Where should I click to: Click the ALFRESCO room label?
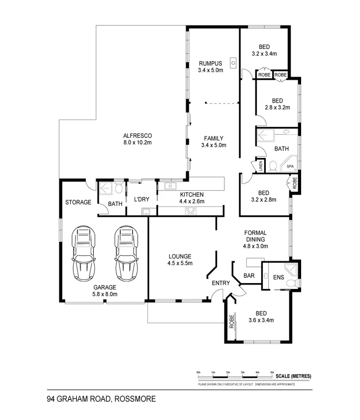(138, 135)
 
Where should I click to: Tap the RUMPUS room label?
(211, 63)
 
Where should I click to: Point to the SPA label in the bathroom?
(290, 167)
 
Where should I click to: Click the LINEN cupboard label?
(261, 166)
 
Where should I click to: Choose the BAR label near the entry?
(249, 276)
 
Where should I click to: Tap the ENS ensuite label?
(278, 277)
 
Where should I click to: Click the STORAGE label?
(78, 202)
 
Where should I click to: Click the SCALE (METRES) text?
(294, 376)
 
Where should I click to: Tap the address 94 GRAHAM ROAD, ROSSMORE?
(101, 399)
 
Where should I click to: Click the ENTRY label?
(221, 283)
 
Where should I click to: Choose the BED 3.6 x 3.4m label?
(261, 317)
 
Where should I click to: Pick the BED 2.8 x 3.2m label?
(277, 104)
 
